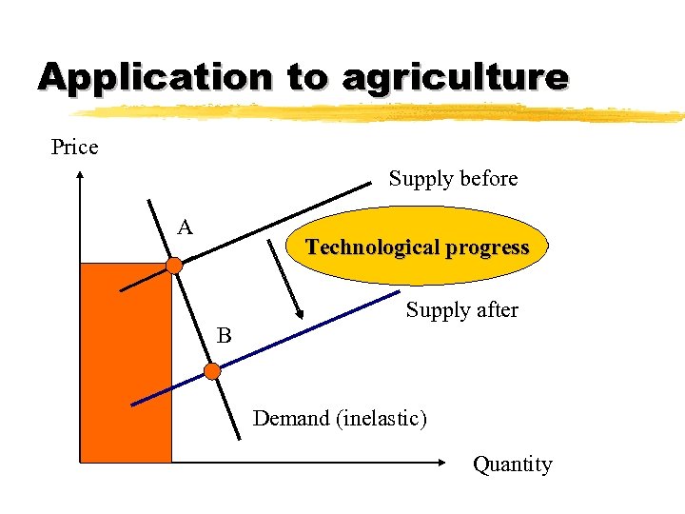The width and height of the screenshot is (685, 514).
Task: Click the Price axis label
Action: (x=74, y=148)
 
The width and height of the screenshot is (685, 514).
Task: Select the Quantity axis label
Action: (x=513, y=465)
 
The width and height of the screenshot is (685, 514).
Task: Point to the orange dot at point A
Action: (x=174, y=266)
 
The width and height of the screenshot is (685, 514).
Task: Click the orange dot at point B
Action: (x=213, y=370)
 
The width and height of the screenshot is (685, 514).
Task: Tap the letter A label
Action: (x=185, y=227)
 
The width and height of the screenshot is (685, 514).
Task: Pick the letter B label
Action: (x=224, y=336)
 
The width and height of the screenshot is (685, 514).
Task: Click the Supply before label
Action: (x=453, y=179)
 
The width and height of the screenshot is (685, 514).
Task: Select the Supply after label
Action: (x=461, y=310)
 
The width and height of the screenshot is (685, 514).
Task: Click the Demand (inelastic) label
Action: (x=340, y=418)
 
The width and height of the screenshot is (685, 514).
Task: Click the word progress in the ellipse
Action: (x=492, y=248)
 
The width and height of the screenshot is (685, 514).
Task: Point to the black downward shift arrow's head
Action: (x=299, y=315)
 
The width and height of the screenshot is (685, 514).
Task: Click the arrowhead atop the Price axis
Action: (x=80, y=175)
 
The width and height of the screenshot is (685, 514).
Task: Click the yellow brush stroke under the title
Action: (x=381, y=112)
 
